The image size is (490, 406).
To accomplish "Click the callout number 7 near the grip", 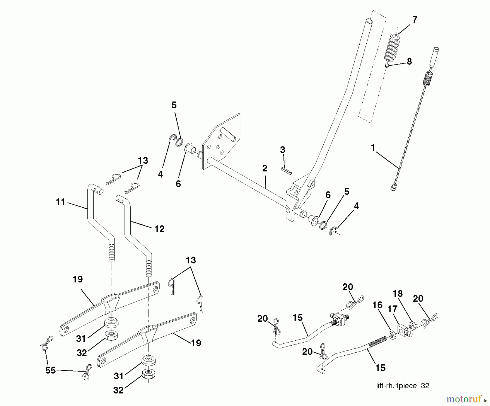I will tap(415, 20).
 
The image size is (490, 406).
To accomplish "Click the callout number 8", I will tap(409, 61).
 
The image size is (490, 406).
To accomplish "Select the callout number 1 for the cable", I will tap(373, 148).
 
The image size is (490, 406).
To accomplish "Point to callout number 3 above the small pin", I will tap(283, 150).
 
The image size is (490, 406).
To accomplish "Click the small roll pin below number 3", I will tap(286, 171).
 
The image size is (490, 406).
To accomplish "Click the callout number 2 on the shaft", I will tap(265, 168).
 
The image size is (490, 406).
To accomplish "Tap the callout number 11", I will tap(60, 202).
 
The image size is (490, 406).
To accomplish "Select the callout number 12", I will tap(160, 229).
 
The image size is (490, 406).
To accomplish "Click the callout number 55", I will tap(51, 370).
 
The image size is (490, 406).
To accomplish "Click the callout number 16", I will tap(378, 305).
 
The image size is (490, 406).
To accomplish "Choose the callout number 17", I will tap(392, 309).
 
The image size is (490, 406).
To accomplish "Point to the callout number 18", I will tap(398, 294).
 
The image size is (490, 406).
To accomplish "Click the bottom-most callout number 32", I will tap(118, 390).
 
